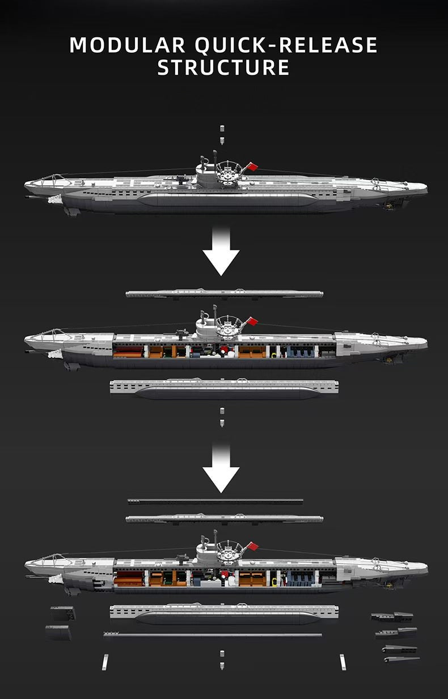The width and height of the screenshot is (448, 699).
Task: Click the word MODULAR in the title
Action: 127,45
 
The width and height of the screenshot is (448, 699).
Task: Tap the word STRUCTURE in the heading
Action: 223,67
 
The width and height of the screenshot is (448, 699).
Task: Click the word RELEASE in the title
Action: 328,45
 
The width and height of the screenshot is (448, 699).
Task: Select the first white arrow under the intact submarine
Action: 221,251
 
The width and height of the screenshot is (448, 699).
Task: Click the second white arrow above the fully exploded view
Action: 221,468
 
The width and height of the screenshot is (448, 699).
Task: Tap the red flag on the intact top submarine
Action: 252,167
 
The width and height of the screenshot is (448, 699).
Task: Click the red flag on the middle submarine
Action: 252,321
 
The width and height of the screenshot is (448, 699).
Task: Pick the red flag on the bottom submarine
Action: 252,547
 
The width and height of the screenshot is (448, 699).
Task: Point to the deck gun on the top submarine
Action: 180,178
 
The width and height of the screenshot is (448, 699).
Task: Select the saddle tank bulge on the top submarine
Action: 227,200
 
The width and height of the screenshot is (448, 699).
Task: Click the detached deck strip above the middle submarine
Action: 225,293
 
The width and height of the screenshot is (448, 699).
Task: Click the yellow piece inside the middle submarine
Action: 274,355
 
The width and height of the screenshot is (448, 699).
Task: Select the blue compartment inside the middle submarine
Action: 301,351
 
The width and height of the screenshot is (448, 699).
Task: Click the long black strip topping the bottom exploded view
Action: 215,502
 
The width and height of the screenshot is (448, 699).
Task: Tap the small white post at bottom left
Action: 105,662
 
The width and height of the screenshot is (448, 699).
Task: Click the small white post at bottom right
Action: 343,662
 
